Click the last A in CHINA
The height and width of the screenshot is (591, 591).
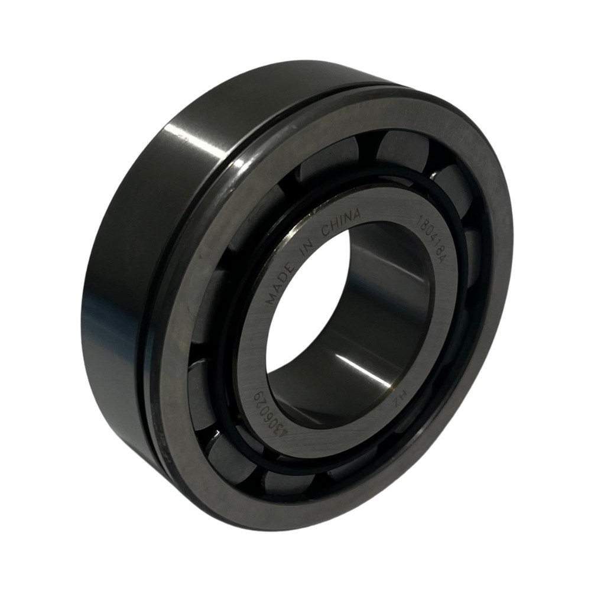click(357, 214)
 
